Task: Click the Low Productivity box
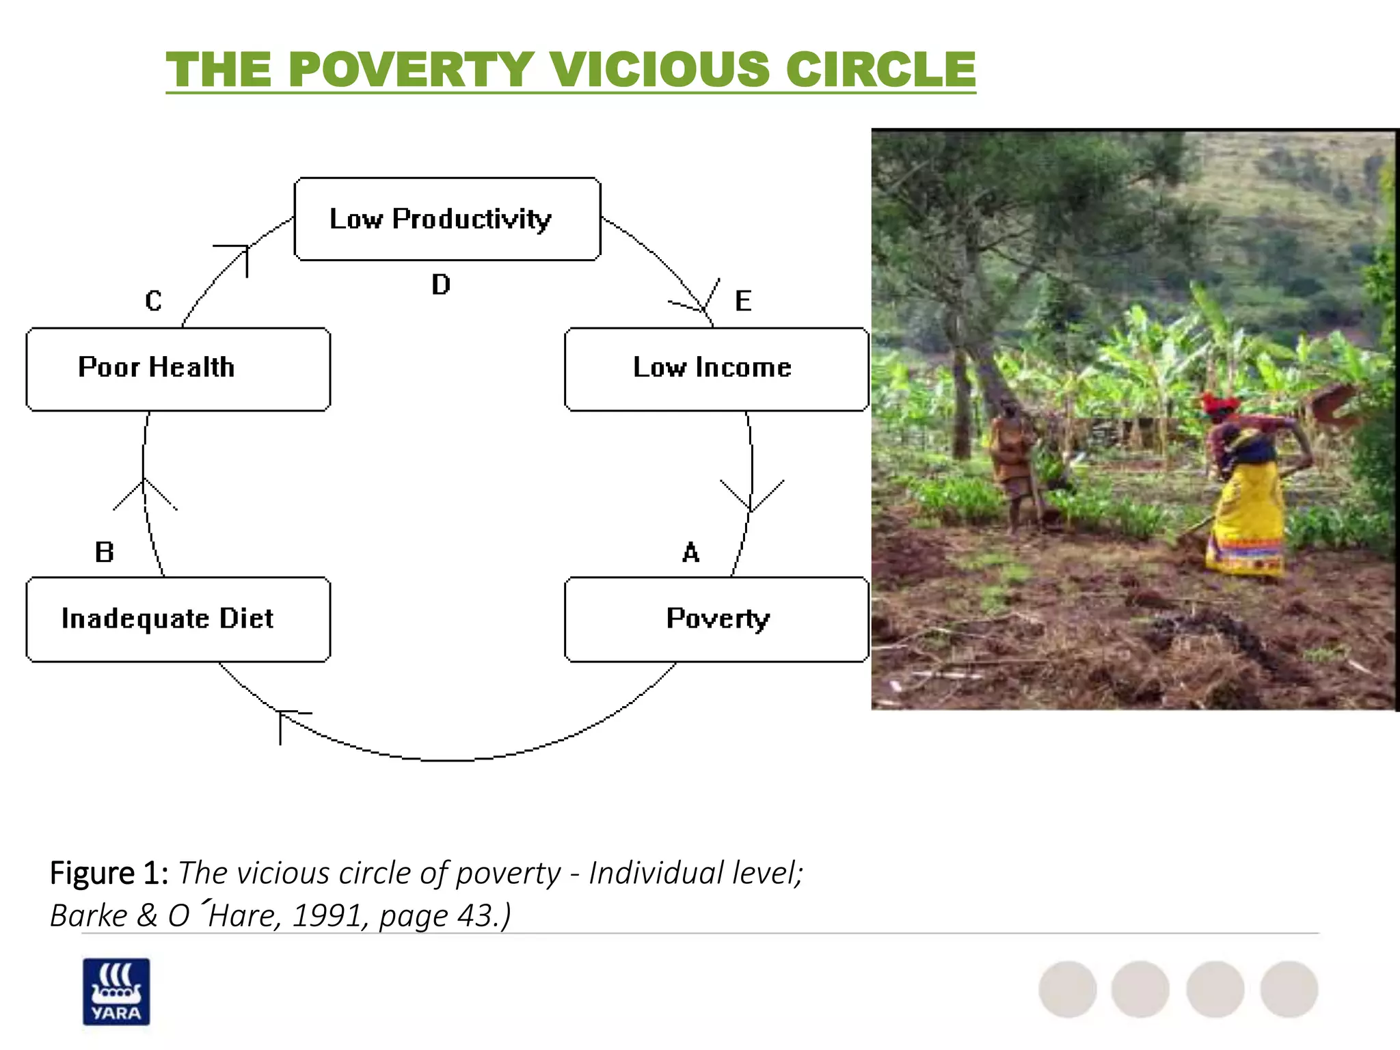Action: tap(447, 219)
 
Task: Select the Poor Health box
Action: tap(178, 368)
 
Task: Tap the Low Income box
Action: tap(716, 368)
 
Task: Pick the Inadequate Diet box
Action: tap(178, 619)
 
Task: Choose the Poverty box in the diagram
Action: tap(716, 619)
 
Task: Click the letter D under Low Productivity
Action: tap(441, 284)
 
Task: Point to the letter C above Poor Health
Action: tap(153, 301)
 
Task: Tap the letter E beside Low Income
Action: tap(743, 301)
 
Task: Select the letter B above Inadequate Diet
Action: tap(104, 552)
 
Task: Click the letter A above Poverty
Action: tap(691, 552)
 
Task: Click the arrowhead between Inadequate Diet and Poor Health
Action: tap(144, 488)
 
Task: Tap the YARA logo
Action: tap(116, 991)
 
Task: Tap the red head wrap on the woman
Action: tap(1220, 403)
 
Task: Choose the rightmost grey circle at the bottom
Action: tap(1289, 989)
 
